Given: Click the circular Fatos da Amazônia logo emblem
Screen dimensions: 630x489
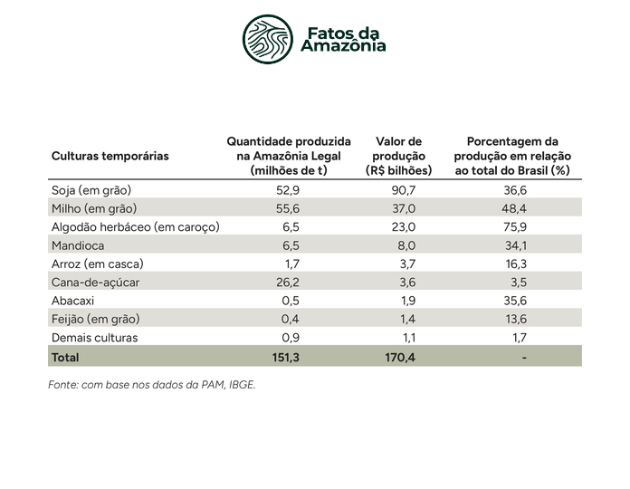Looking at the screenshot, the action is click(x=268, y=39).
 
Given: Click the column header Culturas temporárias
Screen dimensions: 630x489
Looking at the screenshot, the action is click(x=110, y=156).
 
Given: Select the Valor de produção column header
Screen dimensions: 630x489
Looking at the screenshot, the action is click(x=398, y=156).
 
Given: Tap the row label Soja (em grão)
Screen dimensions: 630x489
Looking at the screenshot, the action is click(x=91, y=190).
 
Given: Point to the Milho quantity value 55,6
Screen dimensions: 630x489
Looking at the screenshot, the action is click(x=288, y=208).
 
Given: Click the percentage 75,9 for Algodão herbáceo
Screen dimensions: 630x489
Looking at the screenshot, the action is click(x=515, y=227).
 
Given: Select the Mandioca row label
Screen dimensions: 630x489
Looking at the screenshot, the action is click(x=78, y=245).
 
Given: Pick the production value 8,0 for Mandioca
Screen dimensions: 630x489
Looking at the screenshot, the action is click(x=406, y=245).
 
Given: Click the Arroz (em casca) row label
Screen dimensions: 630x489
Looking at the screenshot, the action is click(x=98, y=264).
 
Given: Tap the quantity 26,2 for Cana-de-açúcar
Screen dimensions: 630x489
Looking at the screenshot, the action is click(x=288, y=283).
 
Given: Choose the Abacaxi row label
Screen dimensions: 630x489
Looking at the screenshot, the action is click(x=72, y=301).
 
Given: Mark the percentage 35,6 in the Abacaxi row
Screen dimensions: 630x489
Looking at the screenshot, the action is click(x=515, y=301).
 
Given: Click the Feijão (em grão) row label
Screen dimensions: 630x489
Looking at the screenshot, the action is click(x=96, y=319).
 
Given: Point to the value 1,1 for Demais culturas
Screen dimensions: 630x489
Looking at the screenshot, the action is click(x=409, y=338).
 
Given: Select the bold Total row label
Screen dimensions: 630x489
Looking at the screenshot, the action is click(x=65, y=357).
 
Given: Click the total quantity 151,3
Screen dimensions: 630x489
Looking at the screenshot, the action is click(x=286, y=357).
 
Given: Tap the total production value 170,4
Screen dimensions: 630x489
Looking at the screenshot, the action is click(x=400, y=357).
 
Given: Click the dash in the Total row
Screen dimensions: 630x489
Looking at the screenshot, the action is click(x=524, y=357).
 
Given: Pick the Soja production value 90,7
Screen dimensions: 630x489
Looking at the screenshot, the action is click(x=404, y=190).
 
